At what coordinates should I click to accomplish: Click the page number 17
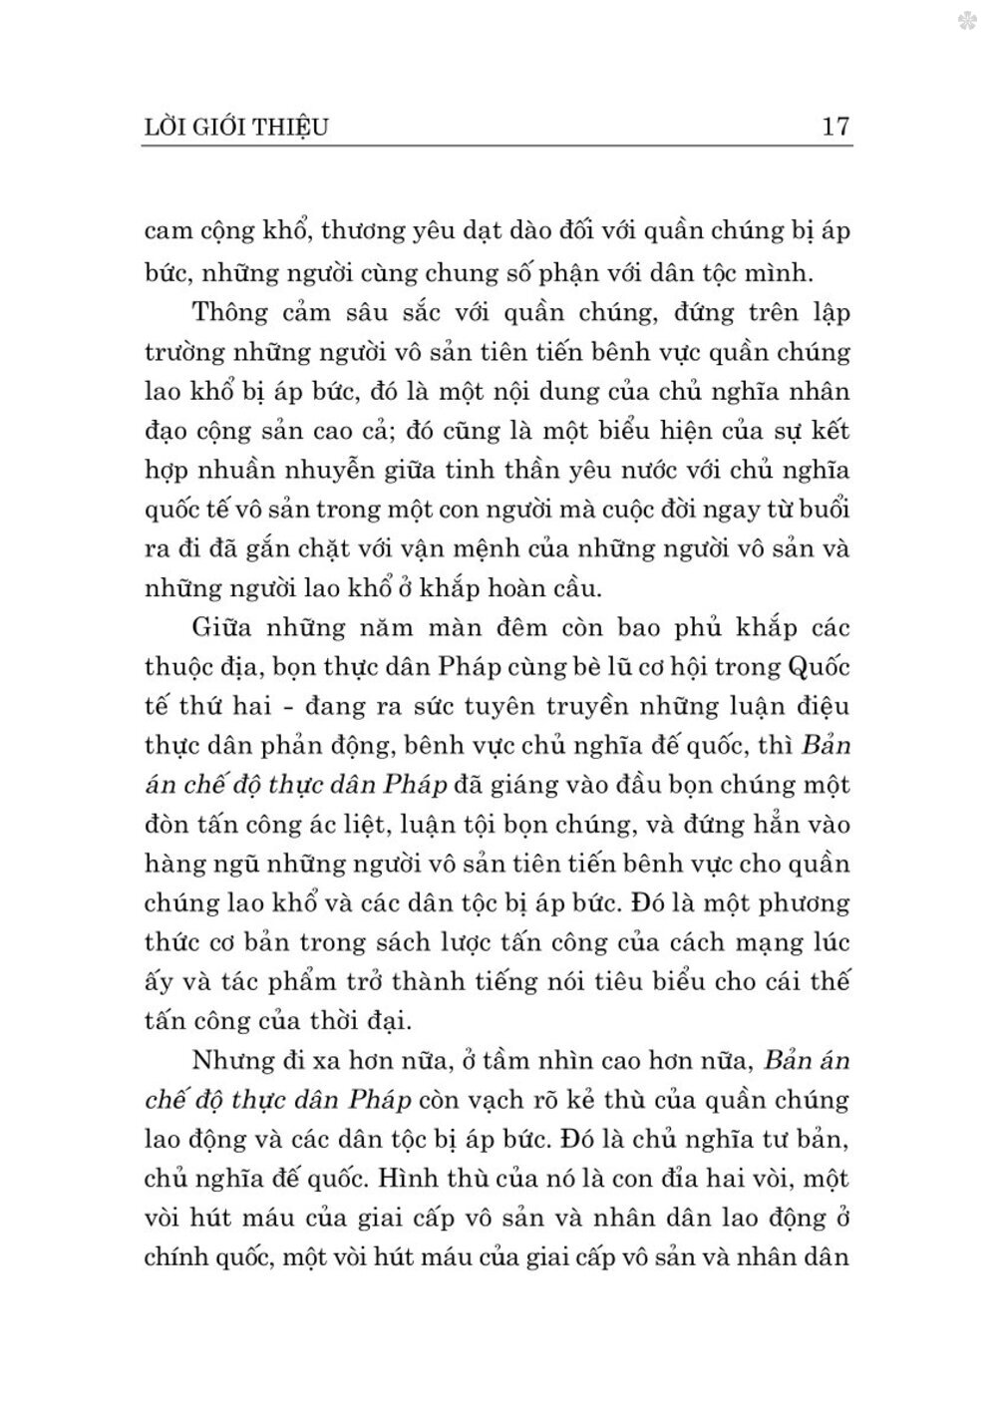point(834,127)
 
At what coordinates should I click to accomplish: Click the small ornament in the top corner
point(966,21)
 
